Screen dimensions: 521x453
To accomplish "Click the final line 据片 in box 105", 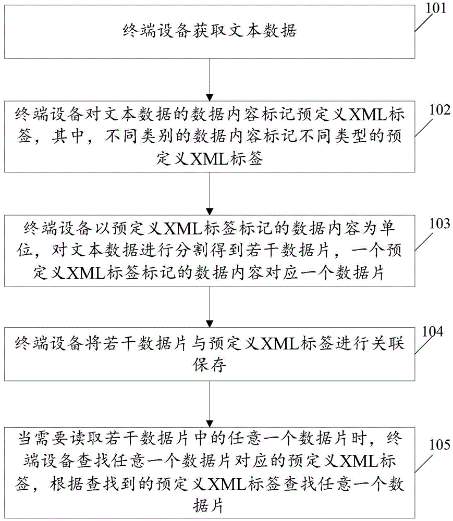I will pos(209,506).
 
